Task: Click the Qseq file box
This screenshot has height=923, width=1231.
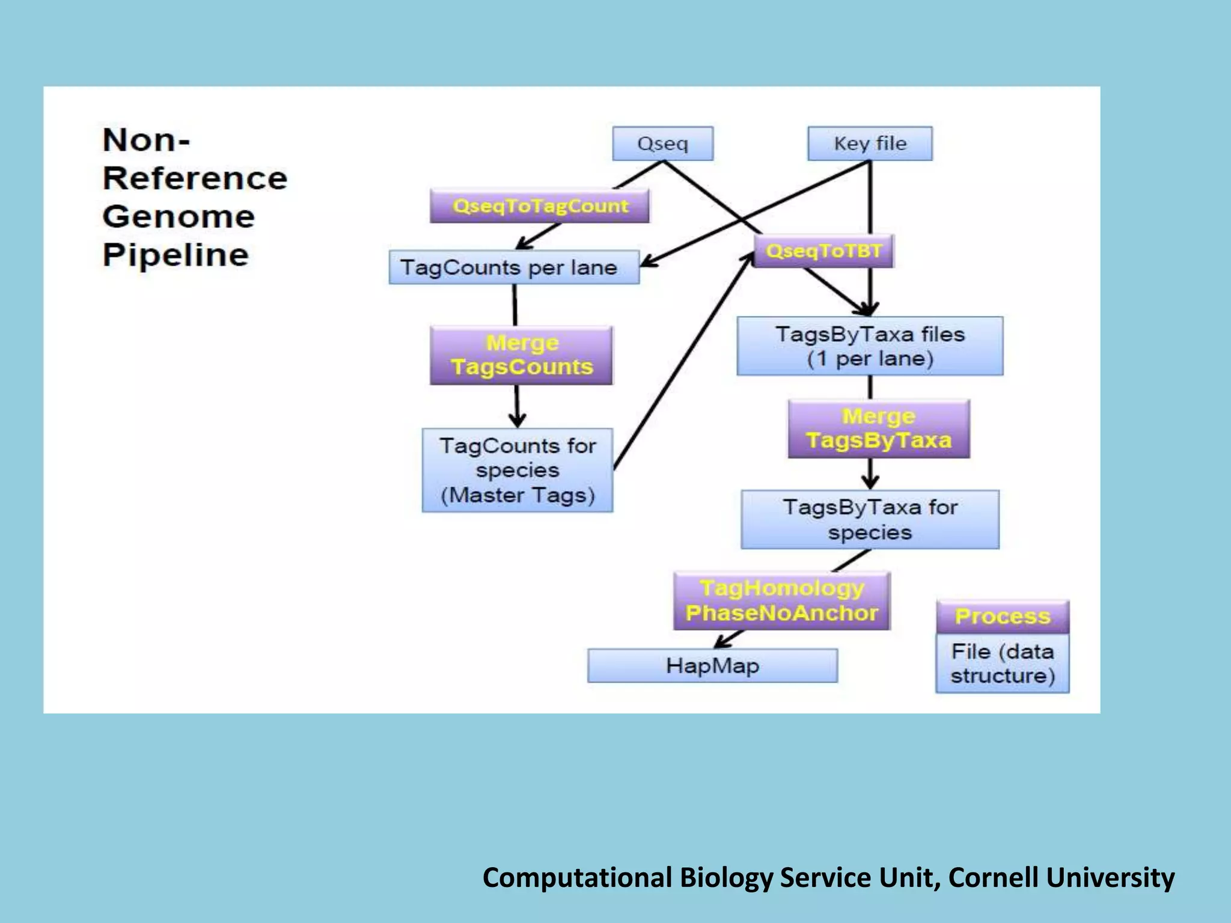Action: click(x=662, y=144)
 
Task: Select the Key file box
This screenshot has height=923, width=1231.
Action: click(x=869, y=144)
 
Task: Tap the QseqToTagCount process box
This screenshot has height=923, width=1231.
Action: click(x=539, y=206)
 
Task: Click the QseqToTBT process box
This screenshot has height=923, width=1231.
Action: click(x=823, y=251)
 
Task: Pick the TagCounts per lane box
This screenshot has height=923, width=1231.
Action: click(x=513, y=267)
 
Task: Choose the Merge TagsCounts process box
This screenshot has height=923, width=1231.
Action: click(x=521, y=355)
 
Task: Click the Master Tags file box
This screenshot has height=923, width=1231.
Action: click(x=517, y=470)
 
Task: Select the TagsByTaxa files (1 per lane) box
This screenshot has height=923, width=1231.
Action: click(x=869, y=346)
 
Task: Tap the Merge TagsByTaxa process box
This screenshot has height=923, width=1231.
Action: click(x=878, y=428)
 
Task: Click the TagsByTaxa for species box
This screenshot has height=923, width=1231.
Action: click(x=869, y=520)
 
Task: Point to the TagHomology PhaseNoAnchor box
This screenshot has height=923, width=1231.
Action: click(x=781, y=600)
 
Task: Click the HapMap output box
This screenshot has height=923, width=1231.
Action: click(x=712, y=666)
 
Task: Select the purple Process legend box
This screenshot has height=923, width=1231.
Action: click(x=1002, y=617)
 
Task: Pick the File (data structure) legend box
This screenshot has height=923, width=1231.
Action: click(x=1002, y=663)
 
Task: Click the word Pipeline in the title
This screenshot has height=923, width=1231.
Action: click(x=176, y=255)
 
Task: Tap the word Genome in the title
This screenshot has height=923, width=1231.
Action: click(x=179, y=217)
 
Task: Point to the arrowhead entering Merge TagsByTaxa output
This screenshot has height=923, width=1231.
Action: click(x=870, y=482)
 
